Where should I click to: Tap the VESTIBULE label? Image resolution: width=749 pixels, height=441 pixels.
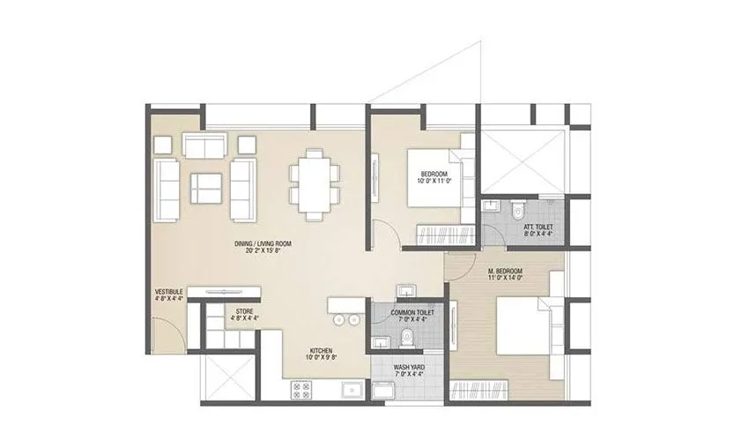click(168, 292)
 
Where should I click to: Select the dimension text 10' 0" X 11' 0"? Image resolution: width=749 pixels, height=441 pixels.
click(435, 181)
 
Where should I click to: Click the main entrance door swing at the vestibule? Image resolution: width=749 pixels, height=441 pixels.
click(167, 335)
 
